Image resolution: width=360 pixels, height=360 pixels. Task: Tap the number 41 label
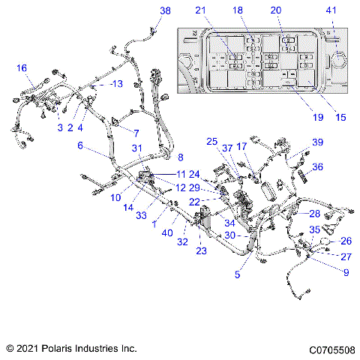(x=331, y=10)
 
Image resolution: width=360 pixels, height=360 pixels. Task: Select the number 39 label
(x=318, y=142)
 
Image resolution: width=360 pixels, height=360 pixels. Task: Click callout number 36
(x=318, y=167)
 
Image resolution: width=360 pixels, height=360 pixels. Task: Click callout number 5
(x=238, y=274)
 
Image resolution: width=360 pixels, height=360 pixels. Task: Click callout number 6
(x=81, y=147)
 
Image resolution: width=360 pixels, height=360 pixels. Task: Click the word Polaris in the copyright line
(x=61, y=349)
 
